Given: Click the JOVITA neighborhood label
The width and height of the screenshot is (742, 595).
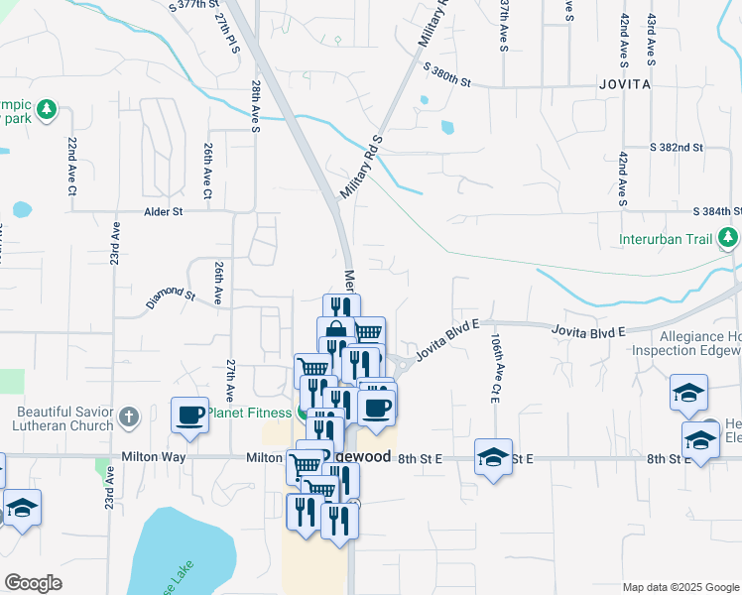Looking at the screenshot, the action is click(x=625, y=85).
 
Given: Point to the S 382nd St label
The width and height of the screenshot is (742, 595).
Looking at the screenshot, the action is click(x=677, y=147).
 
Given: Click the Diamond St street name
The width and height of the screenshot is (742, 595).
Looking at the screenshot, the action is click(x=170, y=296).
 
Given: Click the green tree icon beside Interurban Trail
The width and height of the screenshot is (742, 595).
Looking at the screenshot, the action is click(x=728, y=238).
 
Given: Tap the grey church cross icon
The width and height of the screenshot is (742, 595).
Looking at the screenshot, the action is click(x=128, y=417).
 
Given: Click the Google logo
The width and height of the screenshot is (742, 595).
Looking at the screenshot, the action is click(x=33, y=582).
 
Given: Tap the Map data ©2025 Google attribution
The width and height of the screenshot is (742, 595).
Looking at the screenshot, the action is click(x=680, y=587).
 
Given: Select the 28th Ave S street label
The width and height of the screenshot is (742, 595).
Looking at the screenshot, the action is click(x=255, y=105).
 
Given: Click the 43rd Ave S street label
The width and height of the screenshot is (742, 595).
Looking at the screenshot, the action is click(x=651, y=32).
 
